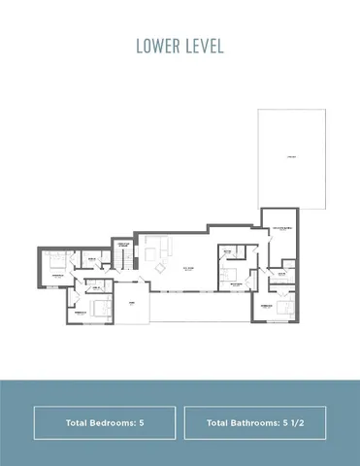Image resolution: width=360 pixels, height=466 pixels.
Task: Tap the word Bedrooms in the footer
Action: click(117, 423)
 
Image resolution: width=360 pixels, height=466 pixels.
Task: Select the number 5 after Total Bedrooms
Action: click(142, 423)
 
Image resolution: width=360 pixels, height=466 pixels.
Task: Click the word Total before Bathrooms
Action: click(220, 423)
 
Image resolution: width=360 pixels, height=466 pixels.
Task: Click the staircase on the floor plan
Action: click(124, 258)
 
